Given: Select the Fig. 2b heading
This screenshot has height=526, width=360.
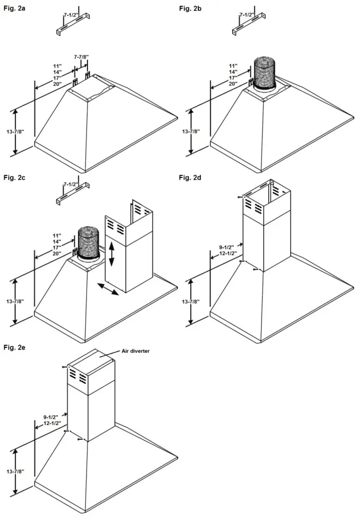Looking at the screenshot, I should [x=189, y=8].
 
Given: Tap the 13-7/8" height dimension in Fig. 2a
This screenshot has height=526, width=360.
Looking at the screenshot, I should [x=11, y=132].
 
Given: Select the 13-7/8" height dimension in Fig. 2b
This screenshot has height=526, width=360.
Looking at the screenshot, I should [x=187, y=132].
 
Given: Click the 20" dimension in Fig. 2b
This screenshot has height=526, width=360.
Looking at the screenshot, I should [x=233, y=84].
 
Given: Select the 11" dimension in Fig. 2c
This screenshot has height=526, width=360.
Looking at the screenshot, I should [x=57, y=235].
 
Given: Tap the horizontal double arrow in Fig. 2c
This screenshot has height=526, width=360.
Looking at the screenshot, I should [x=108, y=289].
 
